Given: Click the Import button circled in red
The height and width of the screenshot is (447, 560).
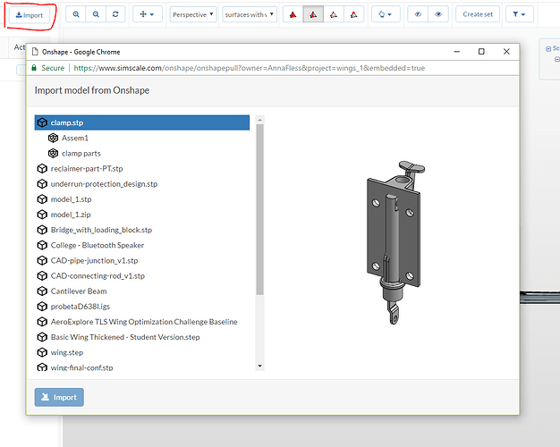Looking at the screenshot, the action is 30,15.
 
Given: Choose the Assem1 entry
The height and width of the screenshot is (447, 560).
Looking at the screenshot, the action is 74,138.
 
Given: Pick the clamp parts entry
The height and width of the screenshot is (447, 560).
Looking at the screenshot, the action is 81,153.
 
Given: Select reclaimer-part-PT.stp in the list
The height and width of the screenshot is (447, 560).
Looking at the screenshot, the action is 87,168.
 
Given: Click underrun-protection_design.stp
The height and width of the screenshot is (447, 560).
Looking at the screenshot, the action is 104,184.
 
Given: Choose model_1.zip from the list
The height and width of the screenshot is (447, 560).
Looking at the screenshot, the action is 71,215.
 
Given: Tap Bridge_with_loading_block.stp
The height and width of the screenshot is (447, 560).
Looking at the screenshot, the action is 101,230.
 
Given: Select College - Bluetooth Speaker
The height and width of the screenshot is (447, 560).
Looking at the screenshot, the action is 98,245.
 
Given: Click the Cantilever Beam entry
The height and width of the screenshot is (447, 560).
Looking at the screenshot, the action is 78,291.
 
